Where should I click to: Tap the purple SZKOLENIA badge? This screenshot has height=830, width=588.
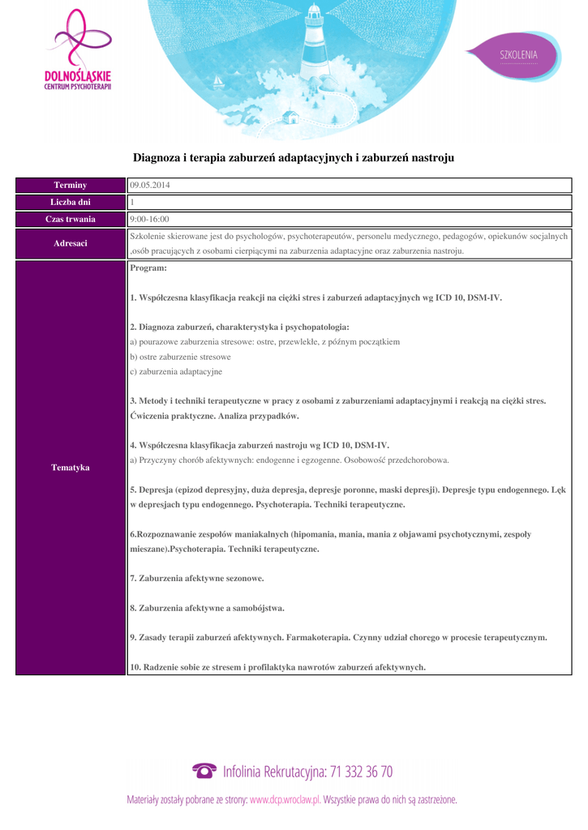[517, 55]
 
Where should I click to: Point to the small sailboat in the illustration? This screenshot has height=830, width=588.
[217, 82]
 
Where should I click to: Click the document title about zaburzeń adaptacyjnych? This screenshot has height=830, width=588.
[294, 156]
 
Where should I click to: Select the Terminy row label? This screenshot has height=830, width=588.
[71, 186]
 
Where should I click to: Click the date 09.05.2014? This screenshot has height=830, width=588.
[150, 186]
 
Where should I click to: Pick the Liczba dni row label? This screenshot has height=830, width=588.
[71, 203]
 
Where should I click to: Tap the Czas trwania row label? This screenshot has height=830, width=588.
[71, 220]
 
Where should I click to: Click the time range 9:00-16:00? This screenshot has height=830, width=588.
[150, 220]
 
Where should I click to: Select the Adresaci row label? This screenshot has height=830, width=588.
[71, 243]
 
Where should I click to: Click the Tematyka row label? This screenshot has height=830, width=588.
[71, 468]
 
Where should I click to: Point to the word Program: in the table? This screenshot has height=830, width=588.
[148, 267]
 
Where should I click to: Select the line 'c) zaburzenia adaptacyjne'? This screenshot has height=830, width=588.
[176, 372]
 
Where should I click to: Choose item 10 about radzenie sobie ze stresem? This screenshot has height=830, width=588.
[278, 667]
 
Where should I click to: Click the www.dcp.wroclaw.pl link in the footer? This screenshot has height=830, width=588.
[285, 799]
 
